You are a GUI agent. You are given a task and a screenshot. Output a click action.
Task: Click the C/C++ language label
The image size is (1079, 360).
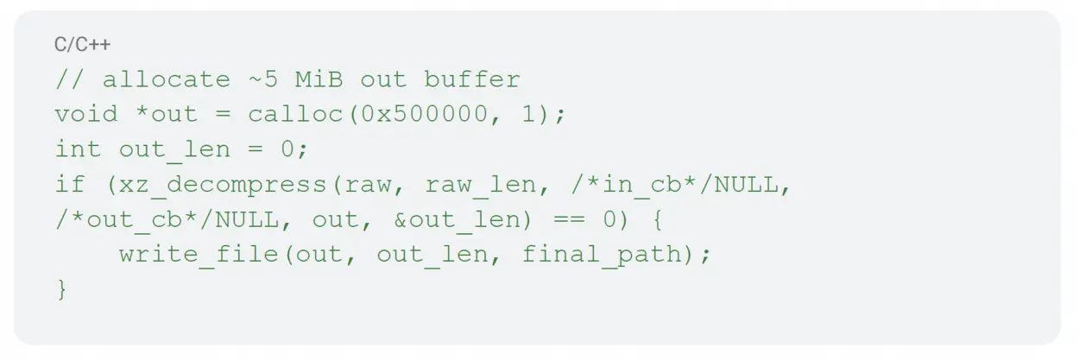(x=83, y=45)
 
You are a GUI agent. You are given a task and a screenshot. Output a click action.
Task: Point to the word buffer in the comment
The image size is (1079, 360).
(x=472, y=80)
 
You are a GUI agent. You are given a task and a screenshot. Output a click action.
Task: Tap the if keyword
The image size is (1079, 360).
(x=70, y=185)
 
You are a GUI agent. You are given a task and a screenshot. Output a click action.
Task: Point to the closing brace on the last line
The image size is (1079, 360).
(x=61, y=290)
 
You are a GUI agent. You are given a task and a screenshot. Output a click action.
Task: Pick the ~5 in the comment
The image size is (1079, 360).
(x=263, y=80)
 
